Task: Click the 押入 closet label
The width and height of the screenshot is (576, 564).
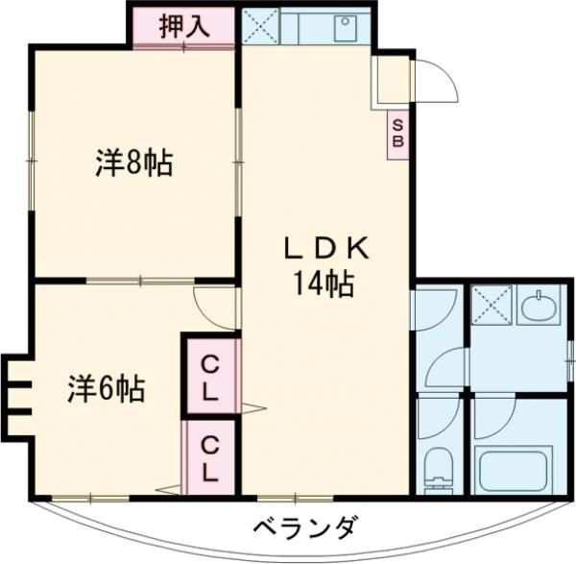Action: (183, 26)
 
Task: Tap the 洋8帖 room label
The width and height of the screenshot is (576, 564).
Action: (133, 163)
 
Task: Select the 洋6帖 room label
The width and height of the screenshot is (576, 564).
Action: (106, 389)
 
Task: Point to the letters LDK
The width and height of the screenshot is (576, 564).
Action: (326, 247)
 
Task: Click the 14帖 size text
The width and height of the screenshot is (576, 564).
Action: (326, 284)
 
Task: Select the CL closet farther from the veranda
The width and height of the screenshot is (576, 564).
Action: (210, 379)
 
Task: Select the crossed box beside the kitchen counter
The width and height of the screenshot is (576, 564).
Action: (259, 27)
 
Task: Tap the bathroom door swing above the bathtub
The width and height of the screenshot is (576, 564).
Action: (494, 415)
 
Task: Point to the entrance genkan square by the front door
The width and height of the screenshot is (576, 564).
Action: (392, 82)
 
